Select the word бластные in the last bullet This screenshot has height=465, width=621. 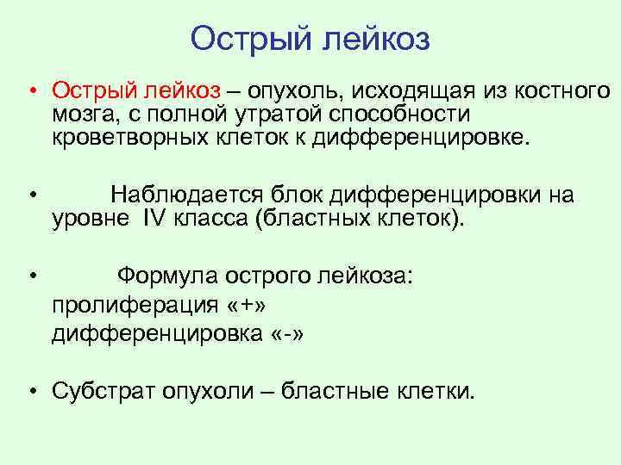click(x=350, y=392)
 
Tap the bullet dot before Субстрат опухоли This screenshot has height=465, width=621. click(x=30, y=394)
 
